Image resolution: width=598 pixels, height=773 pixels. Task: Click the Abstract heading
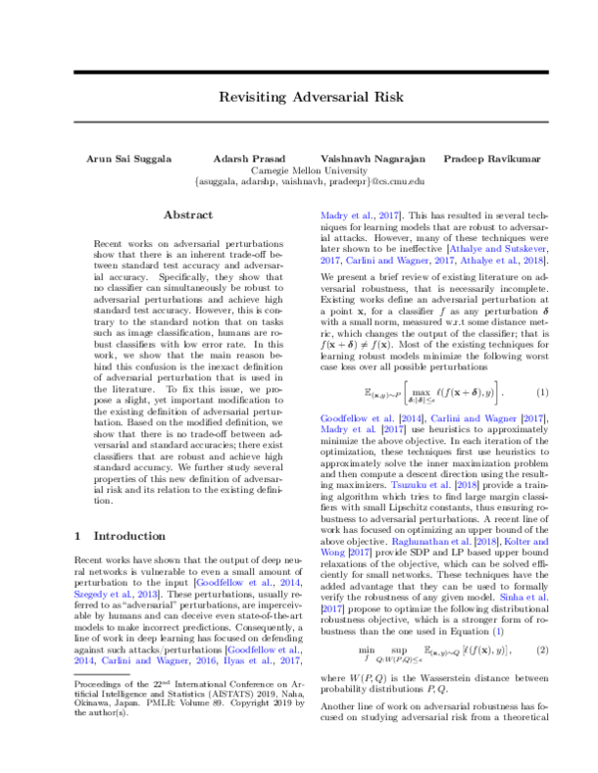[188, 214]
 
